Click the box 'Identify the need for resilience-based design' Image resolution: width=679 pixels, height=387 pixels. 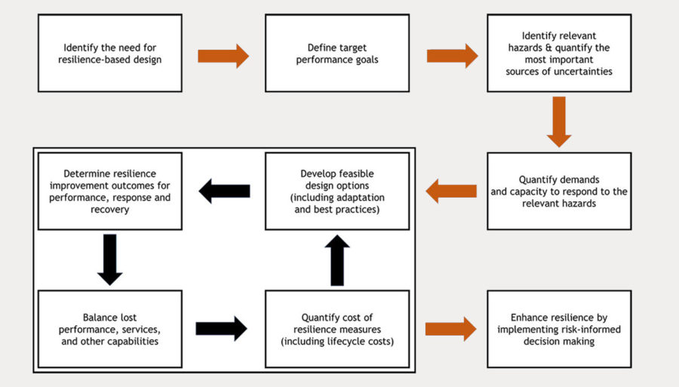pyautogui.click(x=109, y=53)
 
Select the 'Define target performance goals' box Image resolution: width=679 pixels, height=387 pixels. pyautogui.click(x=336, y=53)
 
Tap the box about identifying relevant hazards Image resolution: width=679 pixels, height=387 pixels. pyautogui.click(x=558, y=53)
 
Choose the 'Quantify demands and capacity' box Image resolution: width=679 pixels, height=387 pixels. pyautogui.click(x=558, y=191)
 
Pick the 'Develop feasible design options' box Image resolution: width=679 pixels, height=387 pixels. pyautogui.click(x=336, y=191)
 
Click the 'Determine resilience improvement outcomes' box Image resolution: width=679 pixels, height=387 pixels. pyautogui.click(x=109, y=191)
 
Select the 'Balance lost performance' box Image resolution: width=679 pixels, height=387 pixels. pyautogui.click(x=109, y=329)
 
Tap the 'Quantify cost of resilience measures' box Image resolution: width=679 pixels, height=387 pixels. pyautogui.click(x=336, y=329)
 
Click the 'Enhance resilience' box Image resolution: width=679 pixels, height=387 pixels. pyautogui.click(x=558, y=329)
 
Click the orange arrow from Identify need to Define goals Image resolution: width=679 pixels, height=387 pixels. pyautogui.click(x=223, y=55)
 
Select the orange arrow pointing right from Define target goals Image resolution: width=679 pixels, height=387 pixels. pyautogui.click(x=452, y=55)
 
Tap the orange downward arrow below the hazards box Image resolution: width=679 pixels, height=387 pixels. pyautogui.click(x=559, y=121)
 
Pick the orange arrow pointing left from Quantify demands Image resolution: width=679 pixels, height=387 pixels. pyautogui.click(x=451, y=192)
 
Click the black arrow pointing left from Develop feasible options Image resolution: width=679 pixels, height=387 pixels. pyautogui.click(x=224, y=192)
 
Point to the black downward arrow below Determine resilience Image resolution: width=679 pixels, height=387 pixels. pyautogui.click(x=110, y=259)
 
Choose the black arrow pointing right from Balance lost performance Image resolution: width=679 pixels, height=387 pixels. pyautogui.click(x=221, y=328)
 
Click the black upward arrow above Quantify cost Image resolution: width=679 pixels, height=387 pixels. pyautogui.click(x=337, y=260)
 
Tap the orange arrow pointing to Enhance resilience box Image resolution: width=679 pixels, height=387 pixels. pyautogui.click(x=450, y=328)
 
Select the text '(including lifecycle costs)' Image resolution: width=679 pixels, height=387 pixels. pyautogui.click(x=336, y=342)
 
